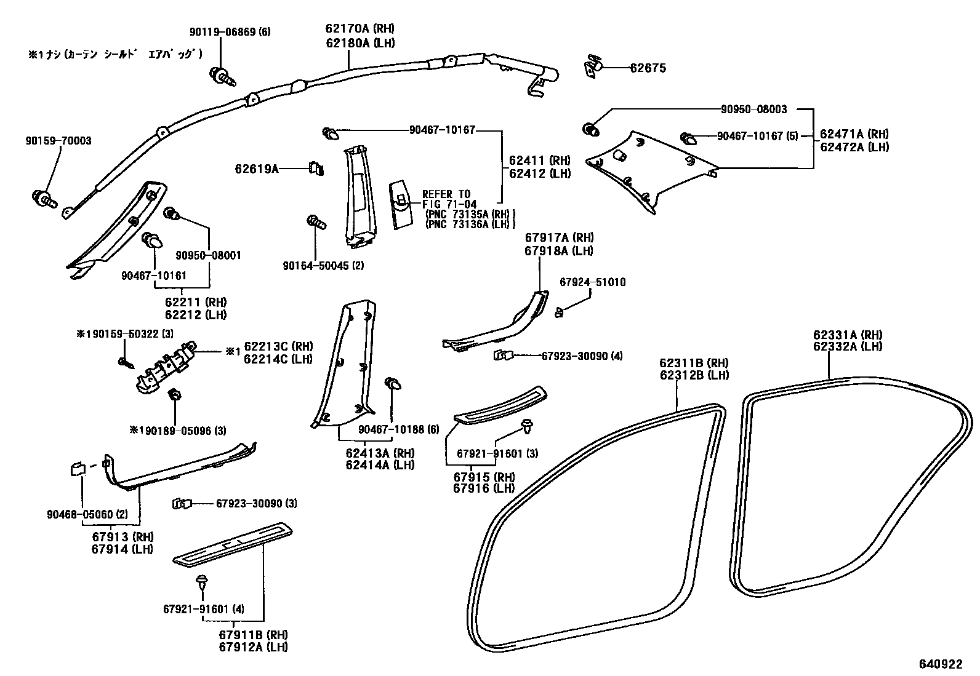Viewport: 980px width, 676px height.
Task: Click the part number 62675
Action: click(648, 68)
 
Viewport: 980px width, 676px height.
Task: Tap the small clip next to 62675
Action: click(593, 66)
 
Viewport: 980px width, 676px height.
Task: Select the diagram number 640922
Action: click(940, 664)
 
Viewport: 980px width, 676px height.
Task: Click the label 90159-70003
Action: click(58, 141)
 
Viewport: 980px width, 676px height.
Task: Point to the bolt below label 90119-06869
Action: click(222, 76)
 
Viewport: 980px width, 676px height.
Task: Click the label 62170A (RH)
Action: click(360, 29)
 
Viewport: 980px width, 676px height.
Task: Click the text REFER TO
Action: click(446, 194)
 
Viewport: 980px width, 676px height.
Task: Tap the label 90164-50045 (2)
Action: click(323, 266)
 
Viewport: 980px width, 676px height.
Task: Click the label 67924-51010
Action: click(592, 282)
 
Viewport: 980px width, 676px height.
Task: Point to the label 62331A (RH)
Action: click(848, 335)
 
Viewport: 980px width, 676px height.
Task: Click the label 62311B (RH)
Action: click(694, 363)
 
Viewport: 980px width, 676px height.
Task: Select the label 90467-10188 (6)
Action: click(398, 429)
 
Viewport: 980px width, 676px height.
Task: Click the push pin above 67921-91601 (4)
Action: click(201, 580)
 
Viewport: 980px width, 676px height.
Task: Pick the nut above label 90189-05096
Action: click(174, 394)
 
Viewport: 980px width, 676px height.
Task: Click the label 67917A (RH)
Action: click(559, 238)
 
